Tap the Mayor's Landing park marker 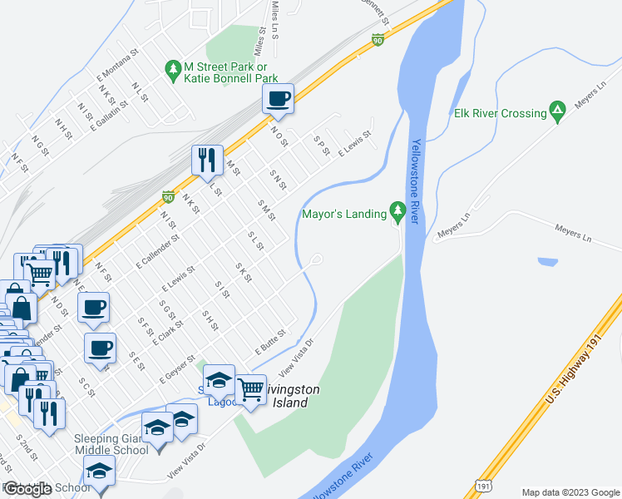pyautogui.click(x=398, y=214)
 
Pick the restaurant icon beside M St pyautogui.click(x=206, y=160)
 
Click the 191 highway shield pyautogui.click(x=484, y=482)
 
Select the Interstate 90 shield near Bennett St pyautogui.click(x=378, y=40)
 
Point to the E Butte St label pyautogui.click(x=269, y=343)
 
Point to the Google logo pyautogui.click(x=27, y=489)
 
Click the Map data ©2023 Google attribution pyautogui.click(x=570, y=492)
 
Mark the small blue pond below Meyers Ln pyautogui.click(x=548, y=262)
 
